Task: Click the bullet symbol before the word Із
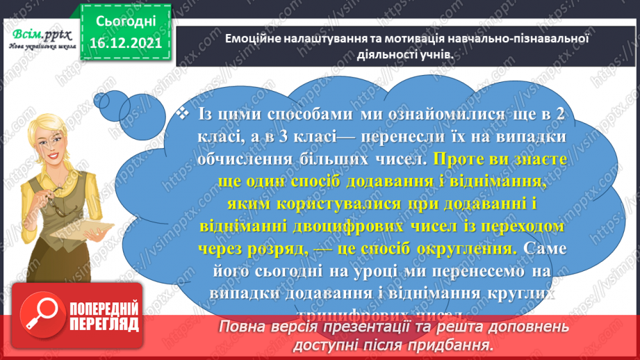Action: (x=183, y=113)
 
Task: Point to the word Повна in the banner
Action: (x=243, y=327)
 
